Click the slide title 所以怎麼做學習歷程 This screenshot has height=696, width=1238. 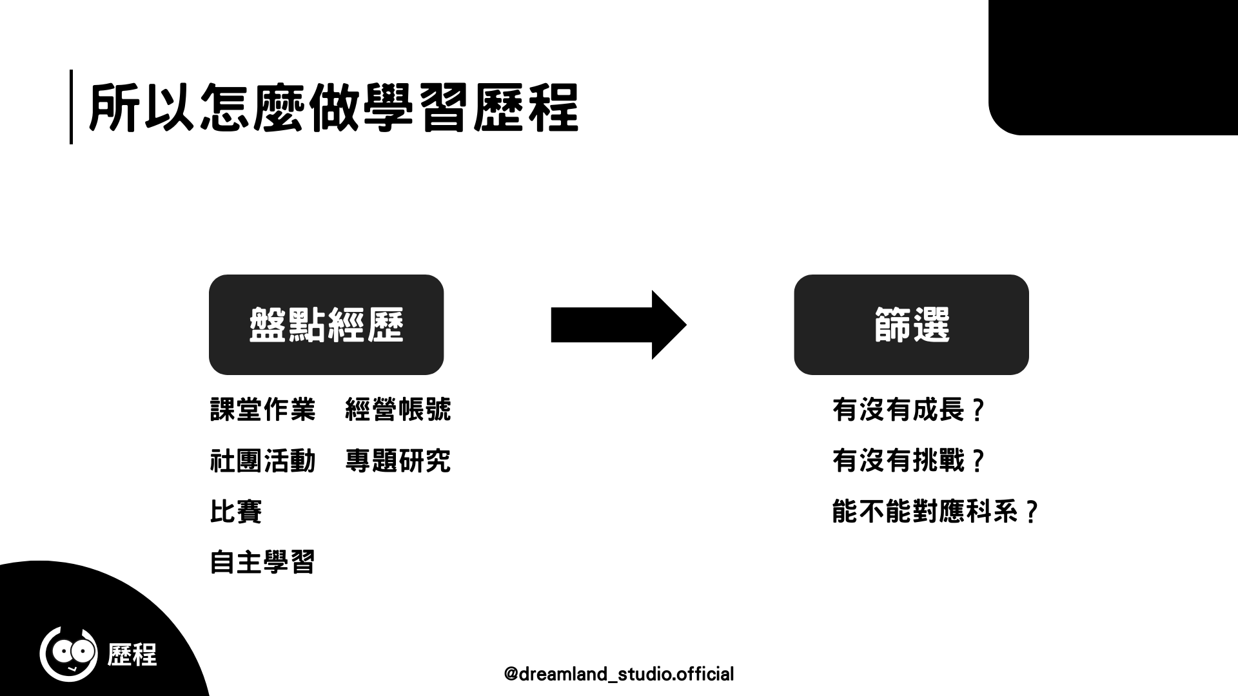(x=333, y=107)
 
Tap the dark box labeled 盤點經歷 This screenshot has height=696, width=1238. (x=326, y=325)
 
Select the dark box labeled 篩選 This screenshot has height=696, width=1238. (x=911, y=325)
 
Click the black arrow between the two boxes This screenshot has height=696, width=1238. (x=618, y=325)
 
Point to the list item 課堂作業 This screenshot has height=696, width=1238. (x=263, y=410)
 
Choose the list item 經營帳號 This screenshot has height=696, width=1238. (x=398, y=410)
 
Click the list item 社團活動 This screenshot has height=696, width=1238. (x=263, y=461)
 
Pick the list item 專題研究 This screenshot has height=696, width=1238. (x=398, y=461)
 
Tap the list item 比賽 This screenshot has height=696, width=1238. (x=236, y=512)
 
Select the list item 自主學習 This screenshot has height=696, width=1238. (x=263, y=563)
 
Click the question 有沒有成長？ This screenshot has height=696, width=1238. (x=909, y=410)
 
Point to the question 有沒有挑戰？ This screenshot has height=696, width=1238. (x=909, y=461)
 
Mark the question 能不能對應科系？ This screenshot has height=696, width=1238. (x=935, y=512)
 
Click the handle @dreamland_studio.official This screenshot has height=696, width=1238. (x=618, y=674)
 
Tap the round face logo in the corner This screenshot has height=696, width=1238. (x=68, y=653)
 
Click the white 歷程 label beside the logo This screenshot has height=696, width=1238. (x=132, y=655)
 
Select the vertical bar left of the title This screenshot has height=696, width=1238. (x=71, y=107)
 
